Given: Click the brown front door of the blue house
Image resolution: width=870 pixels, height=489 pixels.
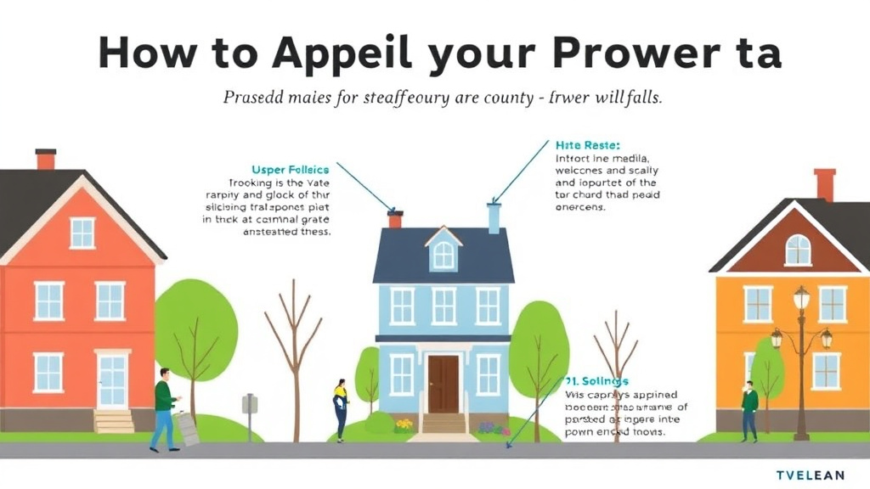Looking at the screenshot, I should (443, 384).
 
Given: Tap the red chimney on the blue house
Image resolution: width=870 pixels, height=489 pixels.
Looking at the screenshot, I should (394, 219).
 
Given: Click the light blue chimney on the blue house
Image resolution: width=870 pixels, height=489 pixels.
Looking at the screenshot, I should (494, 217).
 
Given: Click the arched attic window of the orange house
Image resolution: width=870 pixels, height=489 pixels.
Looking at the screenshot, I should (797, 250).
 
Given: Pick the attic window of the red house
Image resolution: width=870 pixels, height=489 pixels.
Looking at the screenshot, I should (82, 233).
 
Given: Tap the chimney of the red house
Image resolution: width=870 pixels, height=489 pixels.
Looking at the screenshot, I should (45, 159).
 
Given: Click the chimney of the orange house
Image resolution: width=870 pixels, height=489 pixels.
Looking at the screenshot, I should (824, 183).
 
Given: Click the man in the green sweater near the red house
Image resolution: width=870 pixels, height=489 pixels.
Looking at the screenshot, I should (164, 408).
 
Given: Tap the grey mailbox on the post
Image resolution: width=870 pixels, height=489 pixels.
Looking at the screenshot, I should (250, 404).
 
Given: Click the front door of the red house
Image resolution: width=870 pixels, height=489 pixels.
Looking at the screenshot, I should (112, 380).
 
